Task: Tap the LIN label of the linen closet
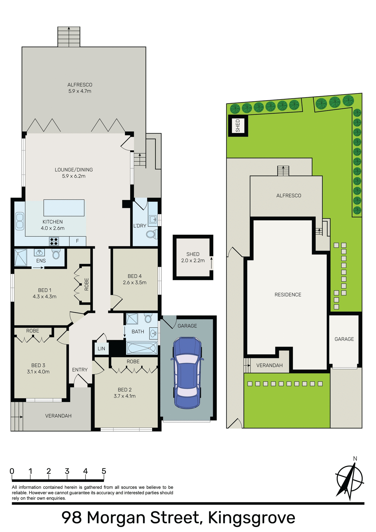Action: pyautogui.click(x=101, y=349)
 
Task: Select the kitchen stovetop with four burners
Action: pyautogui.click(x=54, y=241)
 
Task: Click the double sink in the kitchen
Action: pyautogui.click(x=20, y=221)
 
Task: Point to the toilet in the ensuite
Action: pyautogui.click(x=56, y=254)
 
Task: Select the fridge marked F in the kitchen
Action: pyautogui.click(x=77, y=241)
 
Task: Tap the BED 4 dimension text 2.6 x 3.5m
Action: pyautogui.click(x=135, y=283)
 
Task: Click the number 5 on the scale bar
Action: pyautogui.click(x=104, y=471)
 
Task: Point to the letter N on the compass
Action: pyautogui.click(x=355, y=459)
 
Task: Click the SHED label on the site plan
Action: pyautogui.click(x=237, y=126)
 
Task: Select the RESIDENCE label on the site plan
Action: pyautogui.click(x=288, y=295)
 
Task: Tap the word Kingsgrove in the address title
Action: pyautogui.click(x=251, y=518)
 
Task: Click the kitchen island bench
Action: pyautogui.click(x=64, y=208)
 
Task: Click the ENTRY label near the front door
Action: pyautogui.click(x=80, y=370)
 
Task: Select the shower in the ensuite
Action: pyautogui.click(x=21, y=258)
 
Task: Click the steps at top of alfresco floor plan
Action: pyautogui.click(x=69, y=37)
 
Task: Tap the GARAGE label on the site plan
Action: pyautogui.click(x=344, y=339)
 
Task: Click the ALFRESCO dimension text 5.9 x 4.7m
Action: pyautogui.click(x=80, y=91)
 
